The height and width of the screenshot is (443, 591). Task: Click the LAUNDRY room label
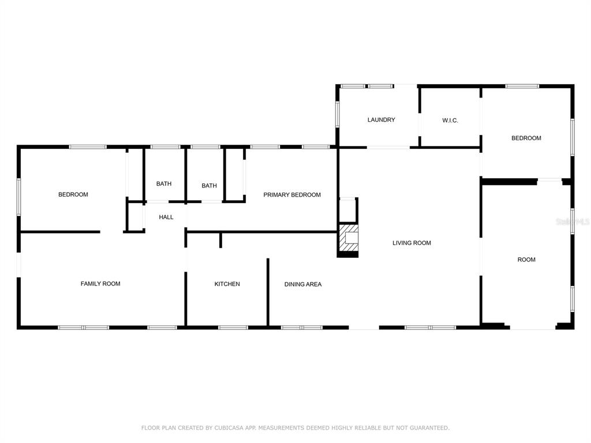381,120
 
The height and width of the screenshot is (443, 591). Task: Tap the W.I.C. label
450,121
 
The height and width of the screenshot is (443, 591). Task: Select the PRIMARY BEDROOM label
291,195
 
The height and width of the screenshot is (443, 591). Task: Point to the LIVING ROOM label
412,243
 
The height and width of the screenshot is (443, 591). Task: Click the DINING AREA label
303,284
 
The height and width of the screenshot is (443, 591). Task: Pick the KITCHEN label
227,284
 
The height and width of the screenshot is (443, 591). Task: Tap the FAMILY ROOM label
100,284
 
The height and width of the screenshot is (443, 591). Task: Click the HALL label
166,217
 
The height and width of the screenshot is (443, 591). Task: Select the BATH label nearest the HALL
163,184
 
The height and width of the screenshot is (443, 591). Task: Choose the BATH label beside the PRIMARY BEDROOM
209,186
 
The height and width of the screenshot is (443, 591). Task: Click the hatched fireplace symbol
347,238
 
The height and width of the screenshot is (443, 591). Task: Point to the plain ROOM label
526,260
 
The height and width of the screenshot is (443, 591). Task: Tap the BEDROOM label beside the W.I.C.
526,138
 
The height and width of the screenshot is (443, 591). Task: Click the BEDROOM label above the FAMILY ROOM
73,194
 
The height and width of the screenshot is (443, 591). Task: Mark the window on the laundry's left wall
338,114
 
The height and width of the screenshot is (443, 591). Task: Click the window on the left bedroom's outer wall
18,197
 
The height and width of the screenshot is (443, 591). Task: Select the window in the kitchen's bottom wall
233,328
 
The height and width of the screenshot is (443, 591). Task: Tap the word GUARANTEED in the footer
429,428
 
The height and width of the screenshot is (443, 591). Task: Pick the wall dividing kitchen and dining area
268,292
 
